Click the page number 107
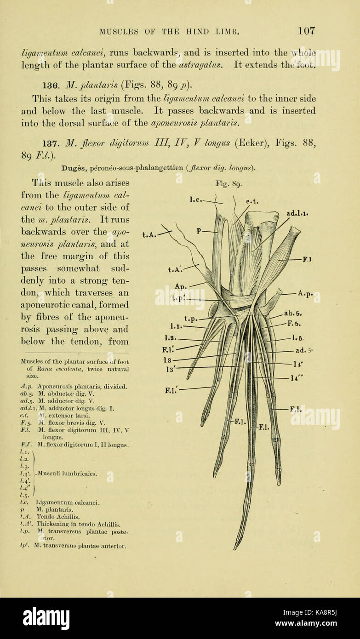306,31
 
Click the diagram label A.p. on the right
305,293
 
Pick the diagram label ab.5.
292,314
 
